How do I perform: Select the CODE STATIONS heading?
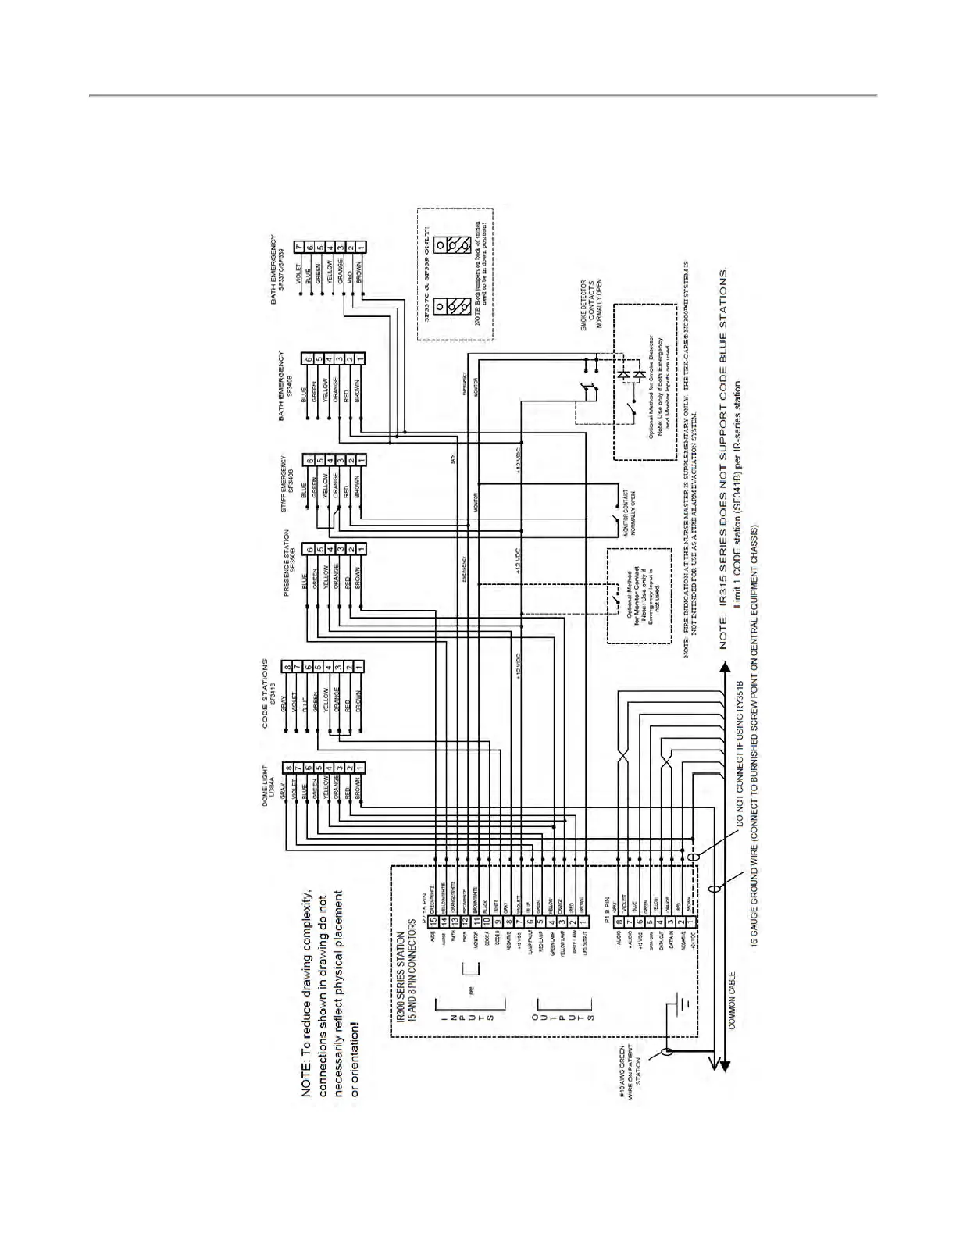265,693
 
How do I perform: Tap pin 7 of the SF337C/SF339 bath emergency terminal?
298,248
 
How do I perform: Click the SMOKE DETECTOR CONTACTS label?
590,305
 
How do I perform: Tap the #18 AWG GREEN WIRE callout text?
631,1067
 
